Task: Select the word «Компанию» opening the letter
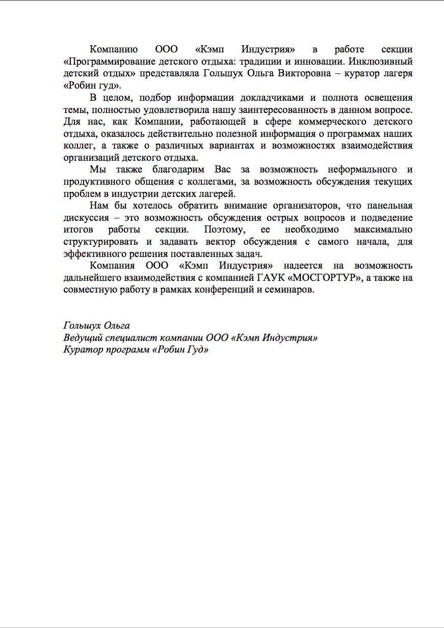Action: tap(114, 49)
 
